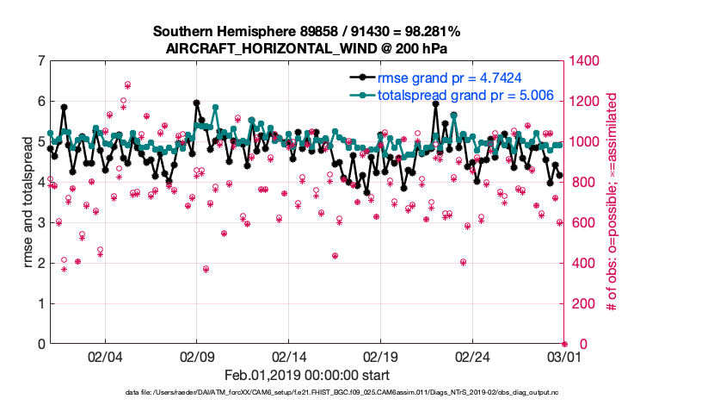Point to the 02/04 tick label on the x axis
[x=105, y=356]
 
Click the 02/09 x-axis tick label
[x=197, y=356]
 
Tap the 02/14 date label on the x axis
[x=289, y=356]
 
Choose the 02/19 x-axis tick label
[x=381, y=356]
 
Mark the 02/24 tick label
[x=473, y=356]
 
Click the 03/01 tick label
[x=564, y=356]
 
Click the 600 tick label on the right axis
[x=582, y=223]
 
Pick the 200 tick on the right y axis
[x=582, y=304]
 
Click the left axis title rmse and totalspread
[x=27, y=202]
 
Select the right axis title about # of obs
[x=612, y=202]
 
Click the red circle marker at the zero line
[x=564, y=344]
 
